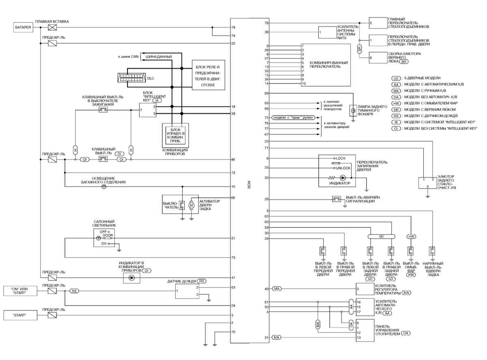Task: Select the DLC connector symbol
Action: pos(130,78)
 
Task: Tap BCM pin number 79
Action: pos(233,28)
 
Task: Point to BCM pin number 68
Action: pos(233,198)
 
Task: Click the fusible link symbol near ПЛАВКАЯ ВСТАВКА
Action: pos(52,28)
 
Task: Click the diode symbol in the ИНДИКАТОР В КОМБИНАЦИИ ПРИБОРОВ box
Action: pos(131,278)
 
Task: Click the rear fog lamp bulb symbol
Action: pos(353,111)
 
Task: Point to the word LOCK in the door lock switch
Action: pos(340,157)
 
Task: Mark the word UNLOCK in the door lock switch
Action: pos(342,168)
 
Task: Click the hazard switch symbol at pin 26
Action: pos(336,199)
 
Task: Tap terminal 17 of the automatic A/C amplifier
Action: pos(359,312)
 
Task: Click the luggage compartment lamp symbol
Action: pos(103,187)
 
